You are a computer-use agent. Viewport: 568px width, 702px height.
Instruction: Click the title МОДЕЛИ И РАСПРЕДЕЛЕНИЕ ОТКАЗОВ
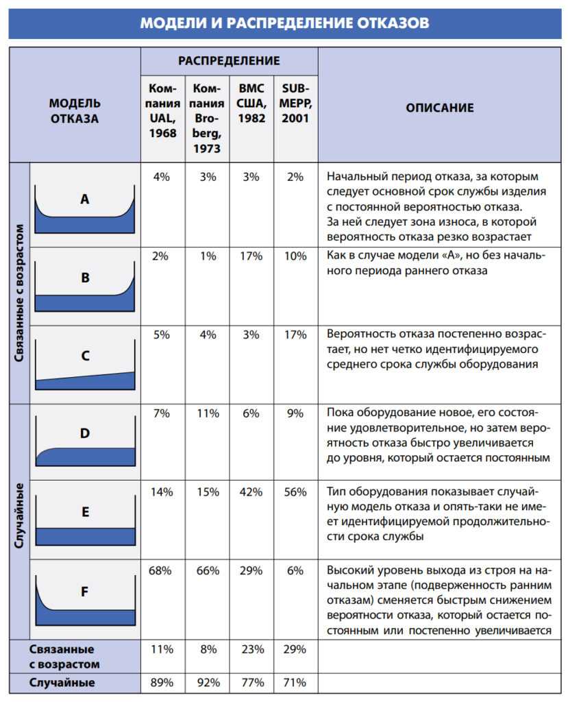(284, 23)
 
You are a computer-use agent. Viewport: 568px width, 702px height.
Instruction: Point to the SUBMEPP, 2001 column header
(295, 104)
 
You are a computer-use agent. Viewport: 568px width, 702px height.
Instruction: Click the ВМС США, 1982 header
(251, 104)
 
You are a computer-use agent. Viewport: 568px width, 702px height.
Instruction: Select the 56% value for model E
(295, 492)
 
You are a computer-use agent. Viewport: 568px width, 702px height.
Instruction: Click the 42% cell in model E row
(251, 492)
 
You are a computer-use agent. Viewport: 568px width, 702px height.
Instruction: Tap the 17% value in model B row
(251, 256)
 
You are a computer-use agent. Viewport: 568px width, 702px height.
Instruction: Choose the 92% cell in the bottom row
(208, 683)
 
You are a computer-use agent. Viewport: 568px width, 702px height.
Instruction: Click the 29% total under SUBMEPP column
(295, 649)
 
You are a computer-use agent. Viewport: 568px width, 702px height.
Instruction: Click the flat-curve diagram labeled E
(85, 521)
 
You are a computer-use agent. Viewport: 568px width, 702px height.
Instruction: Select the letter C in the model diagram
(85, 356)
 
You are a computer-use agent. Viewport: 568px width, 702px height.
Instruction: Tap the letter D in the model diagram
(85, 433)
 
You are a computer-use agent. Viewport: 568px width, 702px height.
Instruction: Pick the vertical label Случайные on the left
(19, 519)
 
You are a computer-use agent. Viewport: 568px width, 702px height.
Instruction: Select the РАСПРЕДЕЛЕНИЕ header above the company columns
(229, 61)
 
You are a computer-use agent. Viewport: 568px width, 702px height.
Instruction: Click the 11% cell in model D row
(208, 413)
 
